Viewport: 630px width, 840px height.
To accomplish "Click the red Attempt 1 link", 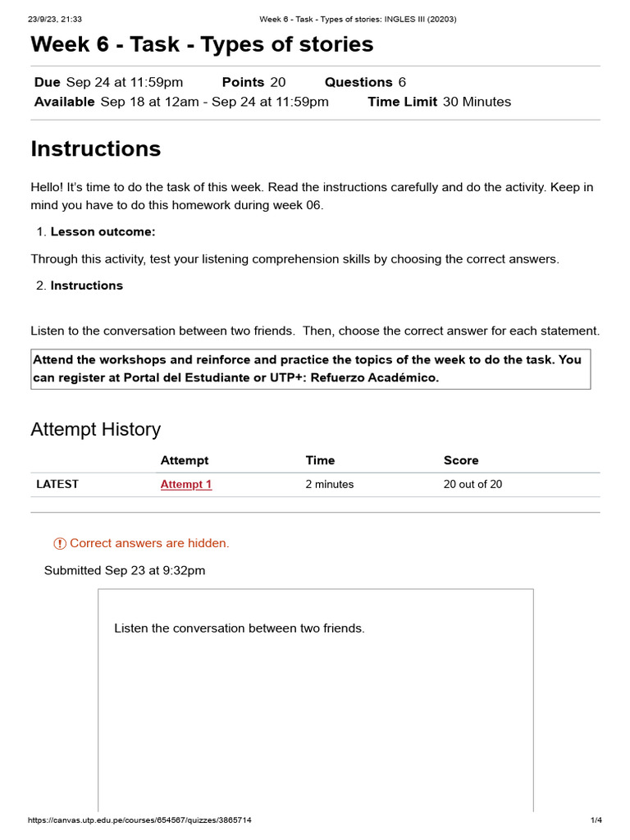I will [x=186, y=484].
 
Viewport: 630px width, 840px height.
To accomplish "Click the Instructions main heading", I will [x=95, y=148].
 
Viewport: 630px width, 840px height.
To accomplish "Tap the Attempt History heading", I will [x=95, y=429].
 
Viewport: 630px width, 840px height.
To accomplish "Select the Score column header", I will [x=461, y=460].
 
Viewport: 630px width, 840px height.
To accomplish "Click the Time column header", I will [x=320, y=460].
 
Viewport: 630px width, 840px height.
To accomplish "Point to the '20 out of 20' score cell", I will [x=472, y=484].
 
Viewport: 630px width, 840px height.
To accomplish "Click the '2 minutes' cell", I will [x=330, y=484].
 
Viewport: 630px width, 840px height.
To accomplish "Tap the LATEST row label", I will [x=57, y=484].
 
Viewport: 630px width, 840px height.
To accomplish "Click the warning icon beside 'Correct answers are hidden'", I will [x=60, y=543].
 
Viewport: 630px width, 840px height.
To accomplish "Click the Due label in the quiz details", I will [x=48, y=82].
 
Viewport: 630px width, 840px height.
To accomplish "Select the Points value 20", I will [x=277, y=82].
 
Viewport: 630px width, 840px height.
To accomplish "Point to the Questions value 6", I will [x=402, y=82].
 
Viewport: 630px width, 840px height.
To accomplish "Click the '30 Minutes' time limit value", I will [x=477, y=102].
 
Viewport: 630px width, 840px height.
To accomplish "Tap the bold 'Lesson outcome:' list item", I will [x=103, y=231].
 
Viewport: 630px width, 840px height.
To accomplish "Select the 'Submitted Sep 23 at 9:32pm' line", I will [x=125, y=570].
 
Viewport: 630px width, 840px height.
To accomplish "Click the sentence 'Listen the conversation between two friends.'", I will [x=239, y=628].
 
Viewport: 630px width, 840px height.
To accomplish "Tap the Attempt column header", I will [x=185, y=460].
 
